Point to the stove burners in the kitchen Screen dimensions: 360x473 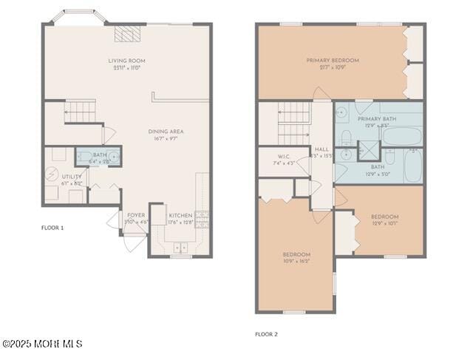pyautogui.click(x=202, y=219)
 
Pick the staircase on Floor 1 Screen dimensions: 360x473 pyautogui.click(x=80, y=112)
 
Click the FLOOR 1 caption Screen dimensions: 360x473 pyautogui.click(x=52, y=228)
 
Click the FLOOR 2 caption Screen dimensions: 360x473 pyautogui.click(x=266, y=334)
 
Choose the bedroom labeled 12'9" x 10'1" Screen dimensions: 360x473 pyautogui.click(x=384, y=220)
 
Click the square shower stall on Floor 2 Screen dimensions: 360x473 pyautogui.click(x=367, y=151)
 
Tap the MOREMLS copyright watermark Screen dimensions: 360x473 pyautogui.click(x=42, y=344)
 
